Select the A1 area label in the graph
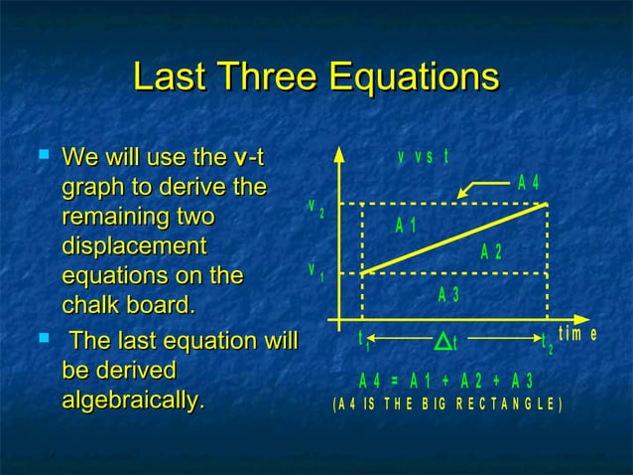(x=405, y=226)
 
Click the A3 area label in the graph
(x=448, y=294)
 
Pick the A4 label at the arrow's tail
(x=529, y=183)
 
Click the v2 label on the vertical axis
(x=316, y=209)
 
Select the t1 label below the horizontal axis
(x=363, y=341)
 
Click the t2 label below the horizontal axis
(x=547, y=343)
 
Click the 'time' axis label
(x=577, y=334)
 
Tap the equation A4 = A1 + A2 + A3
(x=446, y=381)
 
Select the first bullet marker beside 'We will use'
(x=42, y=155)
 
